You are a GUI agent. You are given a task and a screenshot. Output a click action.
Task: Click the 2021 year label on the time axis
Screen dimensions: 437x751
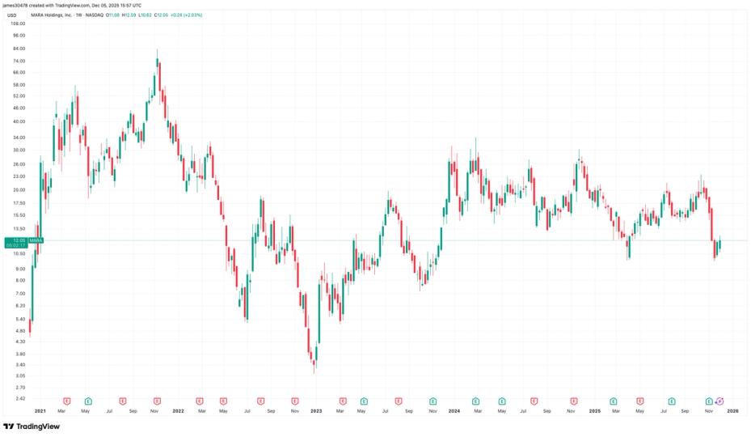[x=40, y=411]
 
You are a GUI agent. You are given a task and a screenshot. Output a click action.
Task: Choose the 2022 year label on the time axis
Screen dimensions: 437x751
[x=178, y=411]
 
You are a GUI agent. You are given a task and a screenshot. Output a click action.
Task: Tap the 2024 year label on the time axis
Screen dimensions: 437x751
[x=455, y=411]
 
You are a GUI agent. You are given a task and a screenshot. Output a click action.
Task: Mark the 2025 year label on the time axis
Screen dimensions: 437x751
[x=594, y=411]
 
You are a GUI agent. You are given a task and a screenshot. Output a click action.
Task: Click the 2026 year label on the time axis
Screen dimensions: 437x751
[x=732, y=411]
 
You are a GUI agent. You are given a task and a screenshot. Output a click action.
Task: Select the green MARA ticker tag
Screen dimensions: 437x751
[x=36, y=240]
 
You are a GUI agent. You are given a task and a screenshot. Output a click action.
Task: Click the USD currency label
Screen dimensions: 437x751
[x=12, y=14]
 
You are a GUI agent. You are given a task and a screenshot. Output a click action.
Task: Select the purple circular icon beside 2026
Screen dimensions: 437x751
[x=720, y=401]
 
